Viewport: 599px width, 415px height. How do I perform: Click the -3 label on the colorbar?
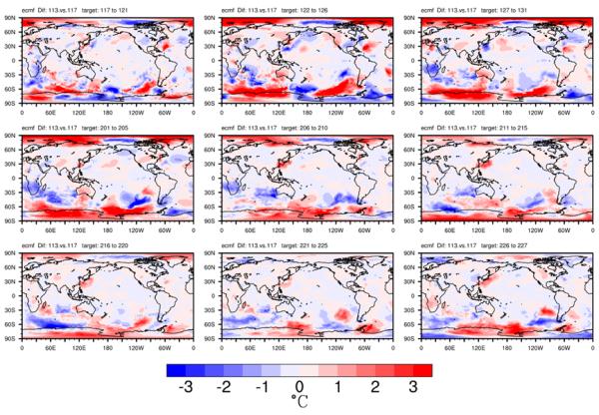pos(185,387)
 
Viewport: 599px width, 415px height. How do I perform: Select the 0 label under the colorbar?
pos(299,387)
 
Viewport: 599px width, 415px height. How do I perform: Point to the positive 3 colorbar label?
pos(414,387)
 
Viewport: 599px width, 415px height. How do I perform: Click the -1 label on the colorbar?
pos(261,387)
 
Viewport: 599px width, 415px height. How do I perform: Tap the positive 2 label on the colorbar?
pos(376,387)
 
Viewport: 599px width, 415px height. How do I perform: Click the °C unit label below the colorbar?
pos(299,403)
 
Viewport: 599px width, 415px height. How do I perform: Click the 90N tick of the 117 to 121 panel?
pos(9,15)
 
